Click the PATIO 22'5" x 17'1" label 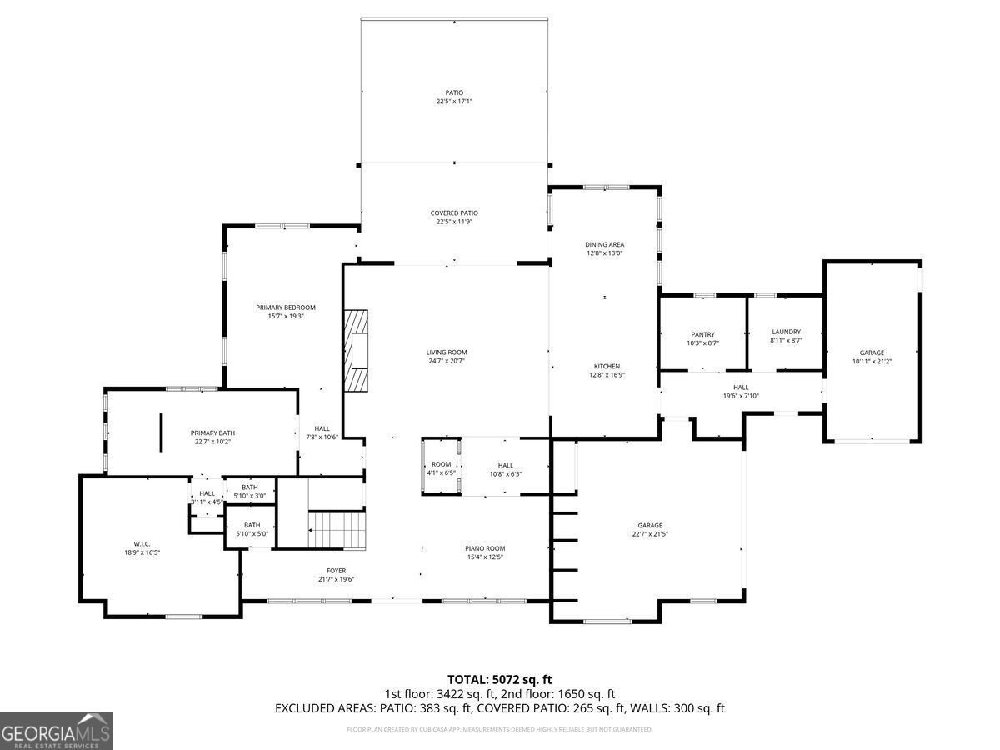point(454,97)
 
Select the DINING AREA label point(605,248)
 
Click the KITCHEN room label point(607,371)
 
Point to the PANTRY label point(702,337)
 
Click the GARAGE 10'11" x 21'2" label point(872,357)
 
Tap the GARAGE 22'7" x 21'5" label point(650,529)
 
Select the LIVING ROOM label point(447,357)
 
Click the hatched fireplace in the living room point(357,350)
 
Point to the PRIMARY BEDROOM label point(286,312)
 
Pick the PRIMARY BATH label point(212,437)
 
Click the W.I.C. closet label point(137,547)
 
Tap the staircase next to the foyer point(337,531)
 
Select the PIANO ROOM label point(485,552)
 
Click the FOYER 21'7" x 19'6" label point(336,575)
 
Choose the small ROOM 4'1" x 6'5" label point(442,468)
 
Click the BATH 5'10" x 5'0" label point(252,529)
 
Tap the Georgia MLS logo point(57,731)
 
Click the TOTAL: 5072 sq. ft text point(500,680)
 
